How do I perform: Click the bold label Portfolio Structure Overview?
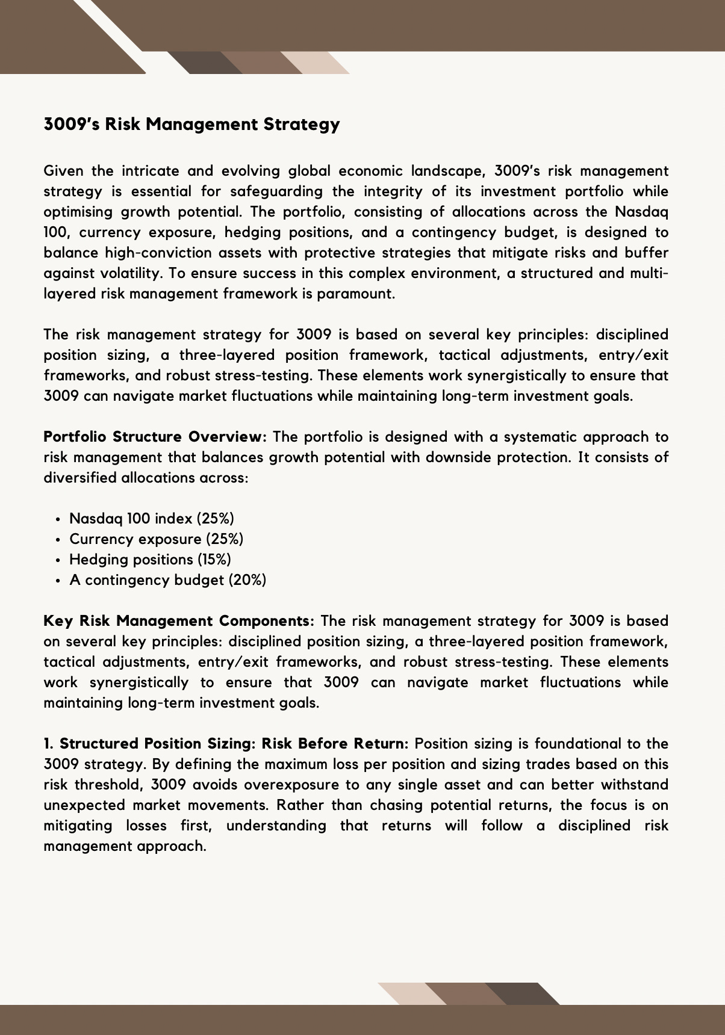point(155,437)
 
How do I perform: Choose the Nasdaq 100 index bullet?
point(152,519)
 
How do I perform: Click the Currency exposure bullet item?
point(157,539)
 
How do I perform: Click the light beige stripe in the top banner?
point(313,62)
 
